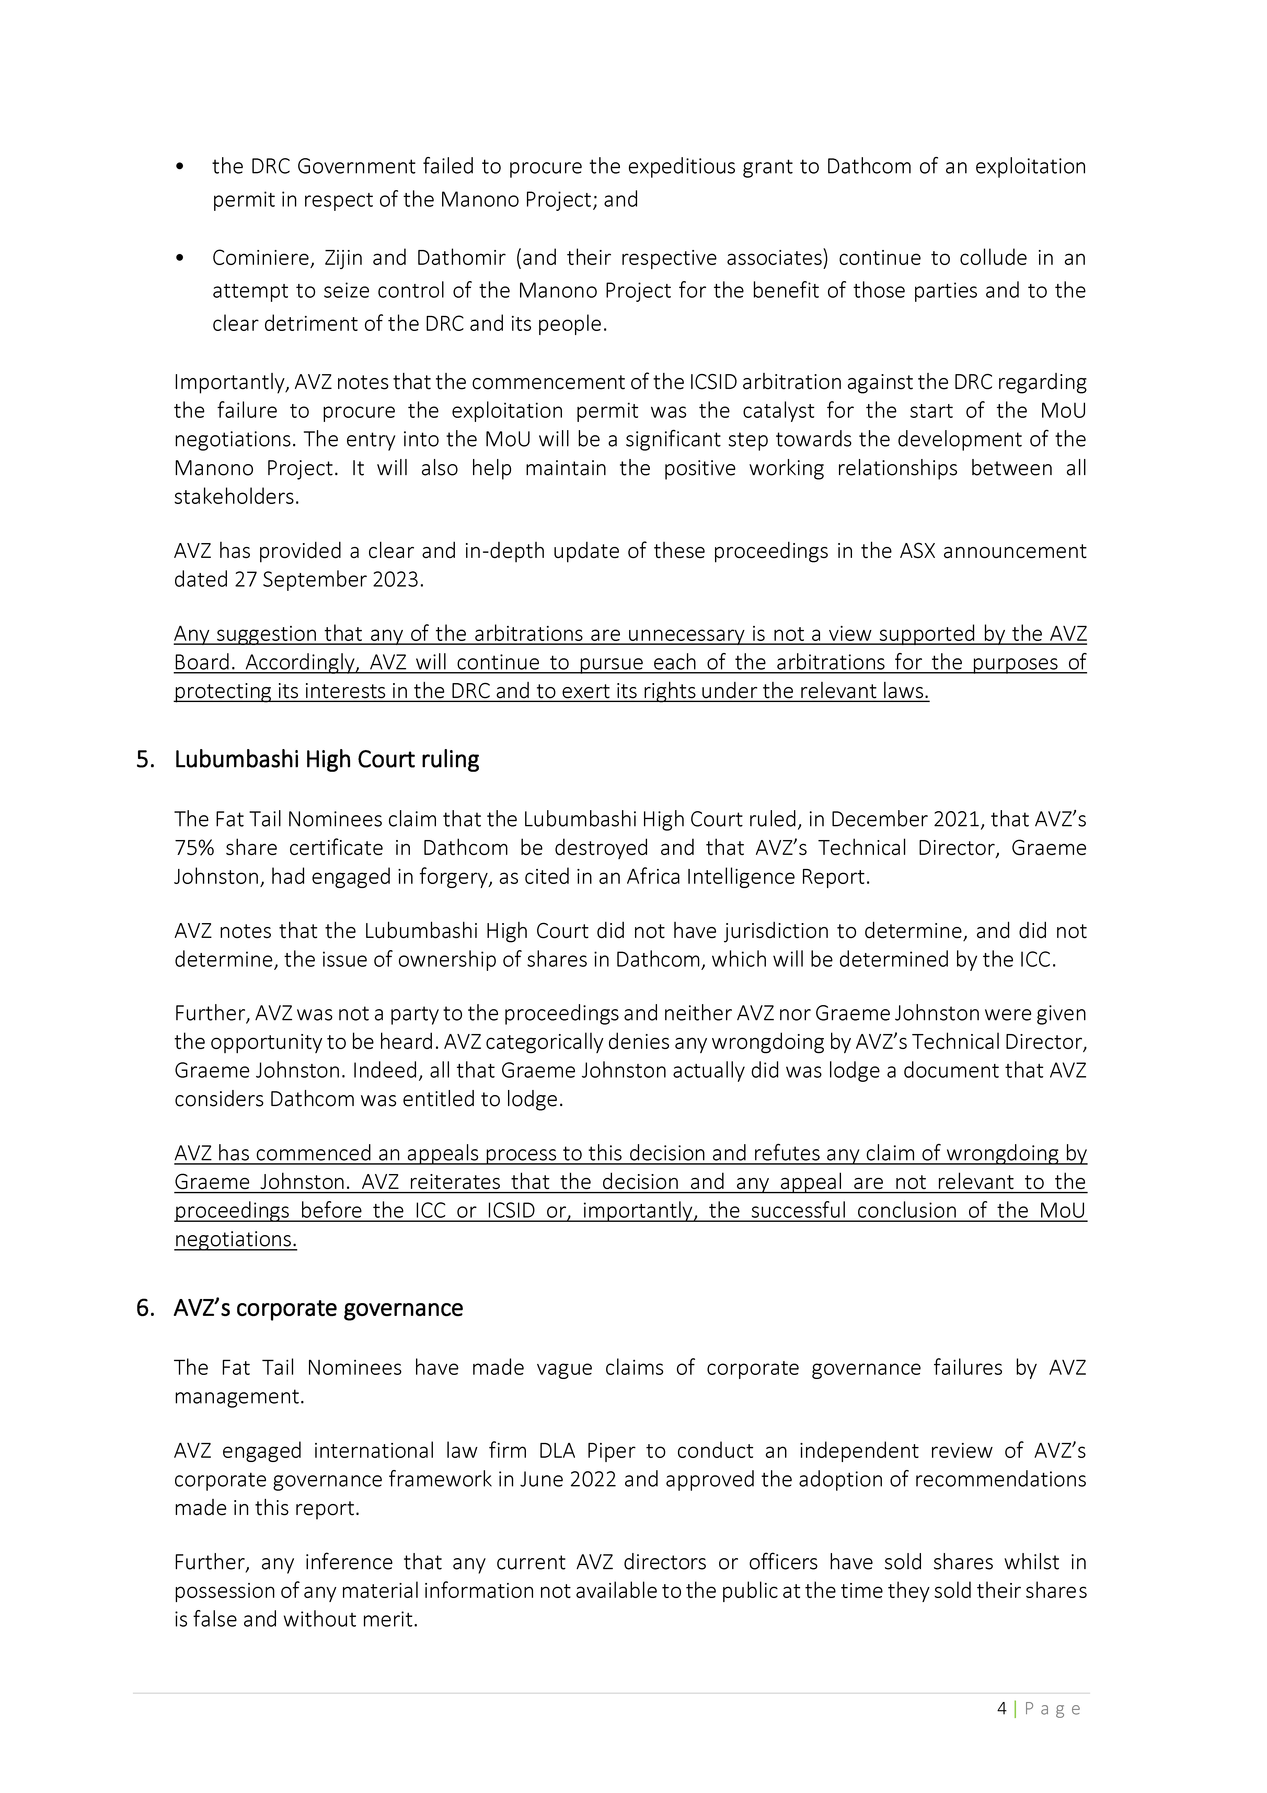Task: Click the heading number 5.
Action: point(144,760)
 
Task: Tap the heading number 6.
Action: point(144,1308)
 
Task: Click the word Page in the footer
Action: point(1052,1708)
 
